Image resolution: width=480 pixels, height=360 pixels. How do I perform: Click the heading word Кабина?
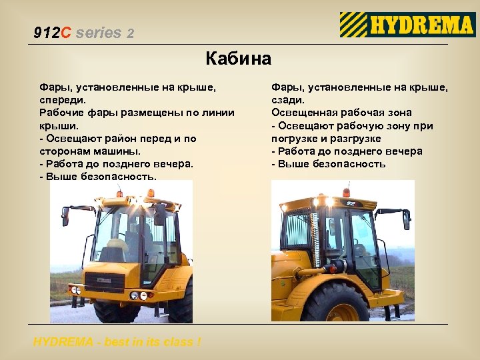(x=239, y=59)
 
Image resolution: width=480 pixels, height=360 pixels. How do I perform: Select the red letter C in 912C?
(x=65, y=33)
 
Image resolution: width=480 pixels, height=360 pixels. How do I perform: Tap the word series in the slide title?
(x=99, y=33)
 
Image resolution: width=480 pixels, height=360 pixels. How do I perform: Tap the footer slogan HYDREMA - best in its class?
(x=117, y=343)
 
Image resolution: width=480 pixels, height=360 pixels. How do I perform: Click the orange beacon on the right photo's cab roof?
(x=346, y=191)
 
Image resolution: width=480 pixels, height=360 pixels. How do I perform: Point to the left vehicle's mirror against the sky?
(x=65, y=215)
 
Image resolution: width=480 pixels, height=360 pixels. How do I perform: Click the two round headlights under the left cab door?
(x=139, y=295)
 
